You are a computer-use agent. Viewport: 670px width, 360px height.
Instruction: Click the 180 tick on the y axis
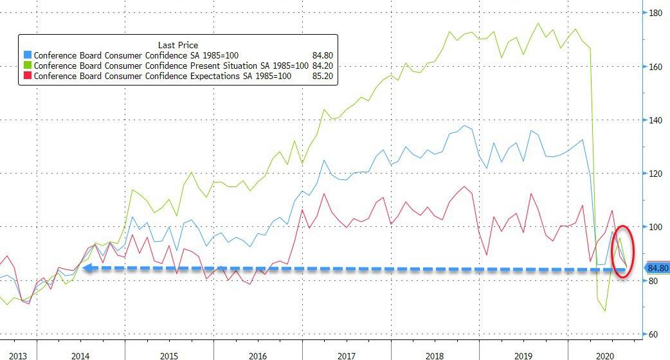click(x=656, y=13)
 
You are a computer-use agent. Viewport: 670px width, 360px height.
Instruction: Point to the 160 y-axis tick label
click(x=656, y=67)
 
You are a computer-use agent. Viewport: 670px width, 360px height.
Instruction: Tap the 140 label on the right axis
click(x=656, y=120)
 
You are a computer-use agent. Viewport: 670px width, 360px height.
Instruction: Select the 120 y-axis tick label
click(x=656, y=174)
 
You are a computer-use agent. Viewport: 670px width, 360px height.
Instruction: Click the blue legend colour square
click(x=26, y=56)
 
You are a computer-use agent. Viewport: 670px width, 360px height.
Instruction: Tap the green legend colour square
click(x=26, y=66)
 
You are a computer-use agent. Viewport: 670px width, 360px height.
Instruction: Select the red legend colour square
click(x=26, y=76)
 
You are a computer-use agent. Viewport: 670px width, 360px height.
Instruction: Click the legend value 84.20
click(x=323, y=66)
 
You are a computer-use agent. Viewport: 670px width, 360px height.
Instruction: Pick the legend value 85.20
click(x=323, y=76)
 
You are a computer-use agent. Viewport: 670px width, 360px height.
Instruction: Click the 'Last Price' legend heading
click(x=177, y=44)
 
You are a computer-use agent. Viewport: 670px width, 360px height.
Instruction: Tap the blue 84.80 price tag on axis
click(x=657, y=269)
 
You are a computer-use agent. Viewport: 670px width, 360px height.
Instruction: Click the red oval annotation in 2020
click(x=622, y=251)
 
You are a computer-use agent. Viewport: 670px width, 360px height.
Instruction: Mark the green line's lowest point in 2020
click(x=605, y=311)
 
